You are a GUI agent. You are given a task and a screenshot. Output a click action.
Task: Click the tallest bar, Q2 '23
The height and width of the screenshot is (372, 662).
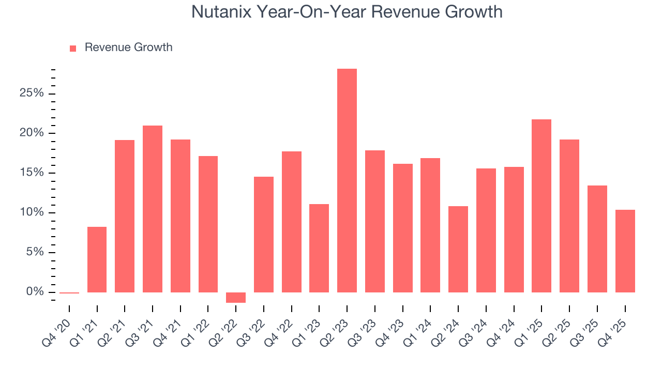[347, 180]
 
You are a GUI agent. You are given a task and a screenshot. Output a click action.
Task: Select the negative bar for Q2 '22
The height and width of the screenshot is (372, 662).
[236, 298]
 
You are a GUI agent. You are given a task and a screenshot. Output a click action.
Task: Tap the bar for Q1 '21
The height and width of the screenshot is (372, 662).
[97, 259]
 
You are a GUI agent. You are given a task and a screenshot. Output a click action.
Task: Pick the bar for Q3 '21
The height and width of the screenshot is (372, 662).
[153, 209]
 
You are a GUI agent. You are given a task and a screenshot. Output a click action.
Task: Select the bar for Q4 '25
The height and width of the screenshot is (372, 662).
[625, 251]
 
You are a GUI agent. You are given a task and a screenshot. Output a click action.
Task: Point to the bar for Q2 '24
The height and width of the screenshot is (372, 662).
[458, 249]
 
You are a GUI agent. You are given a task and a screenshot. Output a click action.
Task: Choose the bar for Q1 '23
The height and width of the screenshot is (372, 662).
[319, 248]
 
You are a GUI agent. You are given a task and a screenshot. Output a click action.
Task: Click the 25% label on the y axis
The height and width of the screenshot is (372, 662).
[31, 94]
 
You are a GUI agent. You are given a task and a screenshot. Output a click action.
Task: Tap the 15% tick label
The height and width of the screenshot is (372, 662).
[31, 173]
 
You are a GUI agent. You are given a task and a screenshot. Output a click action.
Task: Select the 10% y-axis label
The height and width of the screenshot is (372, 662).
[31, 213]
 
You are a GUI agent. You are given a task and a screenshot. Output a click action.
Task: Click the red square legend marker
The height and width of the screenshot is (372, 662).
[73, 48]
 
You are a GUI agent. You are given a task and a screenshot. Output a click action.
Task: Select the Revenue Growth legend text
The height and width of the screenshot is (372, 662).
[128, 48]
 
